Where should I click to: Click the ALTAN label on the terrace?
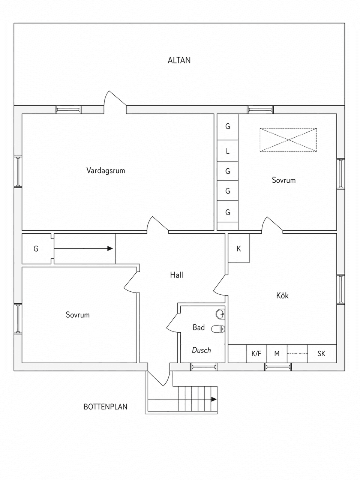pos(179,60)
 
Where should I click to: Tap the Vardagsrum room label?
pos(105,171)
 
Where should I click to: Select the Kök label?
pos(282,296)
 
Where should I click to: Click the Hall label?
pos(176,275)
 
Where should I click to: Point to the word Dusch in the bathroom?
pos(201,350)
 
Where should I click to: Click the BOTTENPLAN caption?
pos(105,406)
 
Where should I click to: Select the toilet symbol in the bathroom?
pos(218,329)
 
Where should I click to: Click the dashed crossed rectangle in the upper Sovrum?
pos(288,140)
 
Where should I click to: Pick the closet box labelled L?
pos(228,151)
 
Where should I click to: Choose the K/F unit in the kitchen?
pos(256,354)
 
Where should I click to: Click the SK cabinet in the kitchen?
pos(321,354)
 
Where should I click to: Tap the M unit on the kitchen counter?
pos(277,354)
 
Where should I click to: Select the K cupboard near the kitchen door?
pos(239,249)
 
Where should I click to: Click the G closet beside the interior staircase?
pos(36,249)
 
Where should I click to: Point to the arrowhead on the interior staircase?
pos(110,248)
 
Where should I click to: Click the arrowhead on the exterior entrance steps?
pos(214,399)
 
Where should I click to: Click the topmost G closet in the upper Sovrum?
pos(228,127)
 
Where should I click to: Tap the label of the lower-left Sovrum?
pos(78,315)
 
